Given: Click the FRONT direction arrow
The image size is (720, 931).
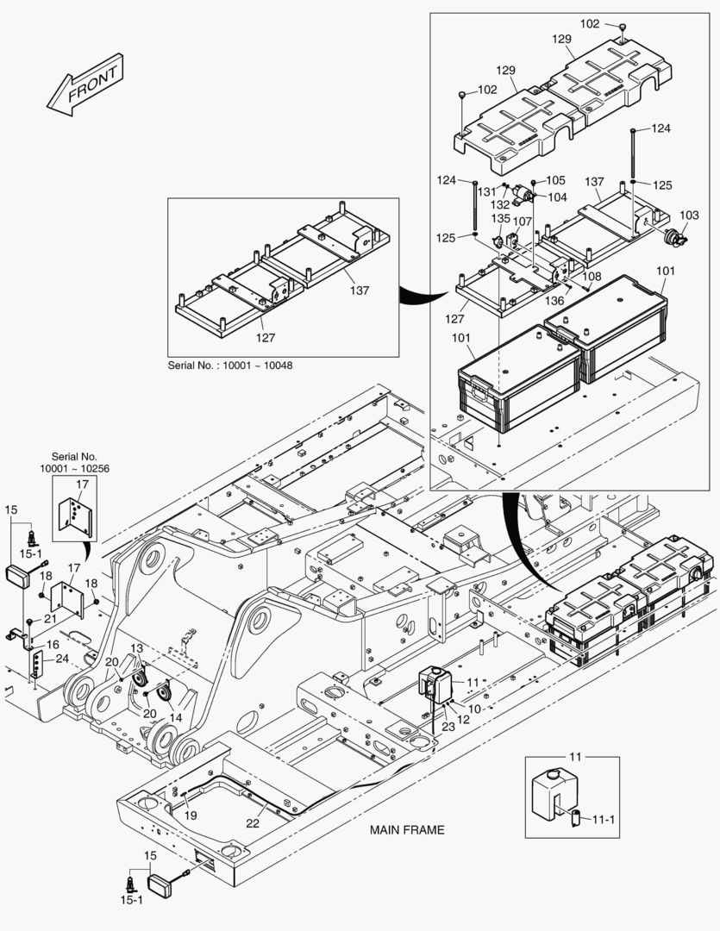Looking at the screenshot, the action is (x=85, y=84).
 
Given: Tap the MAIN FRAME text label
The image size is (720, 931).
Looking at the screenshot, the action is (x=407, y=829).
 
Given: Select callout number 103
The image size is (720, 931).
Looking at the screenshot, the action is (x=689, y=215).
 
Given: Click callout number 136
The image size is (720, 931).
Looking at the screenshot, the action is (x=554, y=301).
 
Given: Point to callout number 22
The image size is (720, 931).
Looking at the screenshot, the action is (x=253, y=823).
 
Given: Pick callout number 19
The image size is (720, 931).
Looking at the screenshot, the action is (x=190, y=815).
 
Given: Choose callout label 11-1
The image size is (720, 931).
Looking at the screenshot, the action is (x=604, y=820).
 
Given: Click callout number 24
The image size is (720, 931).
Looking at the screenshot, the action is (x=62, y=659).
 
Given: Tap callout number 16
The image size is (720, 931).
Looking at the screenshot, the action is (x=53, y=645).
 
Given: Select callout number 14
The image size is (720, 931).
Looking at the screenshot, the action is (x=175, y=718).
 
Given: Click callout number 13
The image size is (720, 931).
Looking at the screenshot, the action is (x=136, y=649).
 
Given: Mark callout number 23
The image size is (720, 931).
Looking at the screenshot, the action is (x=448, y=727).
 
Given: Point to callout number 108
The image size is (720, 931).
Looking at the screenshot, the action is (x=592, y=276).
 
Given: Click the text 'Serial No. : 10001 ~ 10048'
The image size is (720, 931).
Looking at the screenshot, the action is (x=230, y=366).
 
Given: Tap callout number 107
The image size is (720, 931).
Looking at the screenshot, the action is (x=523, y=222).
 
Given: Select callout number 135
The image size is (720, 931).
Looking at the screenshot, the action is (x=501, y=218).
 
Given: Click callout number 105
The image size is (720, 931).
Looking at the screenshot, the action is (x=556, y=180).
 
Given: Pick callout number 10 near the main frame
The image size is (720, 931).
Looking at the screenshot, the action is (x=474, y=709).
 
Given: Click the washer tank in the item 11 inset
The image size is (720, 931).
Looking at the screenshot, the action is (x=554, y=794).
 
